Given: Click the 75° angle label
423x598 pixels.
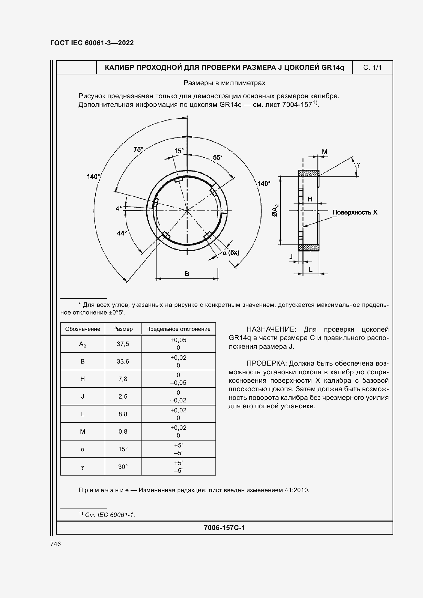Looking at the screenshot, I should (x=138, y=149).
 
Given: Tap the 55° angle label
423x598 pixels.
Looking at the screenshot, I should (x=218, y=157).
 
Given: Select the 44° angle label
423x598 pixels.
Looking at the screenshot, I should (x=122, y=233).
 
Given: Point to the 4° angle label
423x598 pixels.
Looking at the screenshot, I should (x=118, y=208).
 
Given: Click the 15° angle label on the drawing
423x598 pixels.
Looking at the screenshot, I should (x=179, y=151).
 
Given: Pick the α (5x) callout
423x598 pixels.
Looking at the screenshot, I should (x=231, y=252).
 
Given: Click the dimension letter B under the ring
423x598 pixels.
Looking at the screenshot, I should (x=187, y=274).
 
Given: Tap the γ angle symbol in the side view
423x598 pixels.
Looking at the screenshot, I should (x=358, y=165).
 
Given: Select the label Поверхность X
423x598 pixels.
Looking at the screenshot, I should (x=355, y=212).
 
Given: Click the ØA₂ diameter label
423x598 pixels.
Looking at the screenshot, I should (x=275, y=210).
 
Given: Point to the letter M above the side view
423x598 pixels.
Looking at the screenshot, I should (x=324, y=152).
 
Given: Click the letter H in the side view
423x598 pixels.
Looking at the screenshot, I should (x=310, y=199).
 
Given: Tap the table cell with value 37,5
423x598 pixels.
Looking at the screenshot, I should (x=123, y=344).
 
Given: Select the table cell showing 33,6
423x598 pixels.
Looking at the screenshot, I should (x=123, y=361).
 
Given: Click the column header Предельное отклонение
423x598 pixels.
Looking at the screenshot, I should (x=178, y=329).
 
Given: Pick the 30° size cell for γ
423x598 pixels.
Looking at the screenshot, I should (x=123, y=467).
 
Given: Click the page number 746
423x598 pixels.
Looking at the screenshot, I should (x=56, y=544).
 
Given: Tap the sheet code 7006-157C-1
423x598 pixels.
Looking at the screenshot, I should (x=224, y=528).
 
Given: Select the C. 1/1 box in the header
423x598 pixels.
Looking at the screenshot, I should (x=372, y=68).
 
